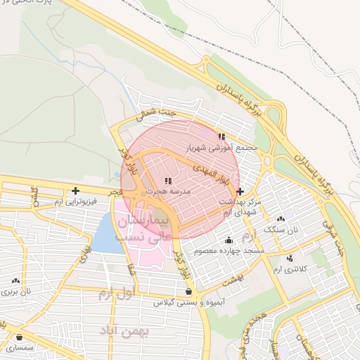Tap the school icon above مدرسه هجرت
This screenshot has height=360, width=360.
pos(167,181)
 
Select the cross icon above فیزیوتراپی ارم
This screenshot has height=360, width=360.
pos(75,191)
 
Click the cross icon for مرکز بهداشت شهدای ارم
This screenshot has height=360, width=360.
pos(240,191)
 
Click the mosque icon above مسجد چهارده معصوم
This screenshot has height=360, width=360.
pos(229,240)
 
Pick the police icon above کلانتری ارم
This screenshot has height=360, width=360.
pos(288,259)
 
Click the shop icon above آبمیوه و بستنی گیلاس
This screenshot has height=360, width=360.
pos(188,291)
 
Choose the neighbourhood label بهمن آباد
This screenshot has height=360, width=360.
pos(126,330)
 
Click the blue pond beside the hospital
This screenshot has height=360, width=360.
pos(105,233)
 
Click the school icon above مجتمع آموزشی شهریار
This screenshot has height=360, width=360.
pos(221,136)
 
